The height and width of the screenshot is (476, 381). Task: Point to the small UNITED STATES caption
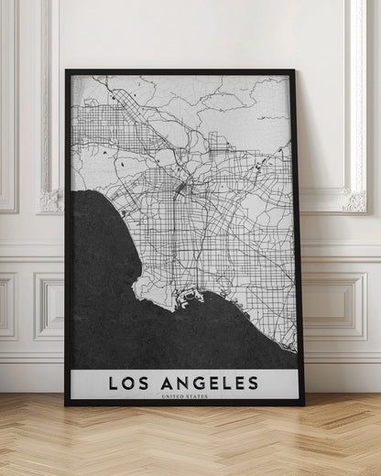184,396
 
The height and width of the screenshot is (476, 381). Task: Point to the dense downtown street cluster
182,189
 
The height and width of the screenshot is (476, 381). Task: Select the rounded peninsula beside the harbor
151,288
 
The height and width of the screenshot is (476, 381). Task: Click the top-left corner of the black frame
67,70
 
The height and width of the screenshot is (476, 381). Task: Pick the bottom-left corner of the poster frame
66,404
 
